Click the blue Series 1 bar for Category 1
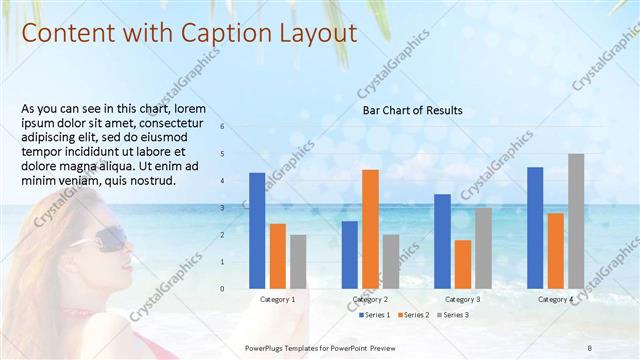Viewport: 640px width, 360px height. coord(257,231)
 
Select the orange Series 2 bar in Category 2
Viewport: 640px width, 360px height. coord(370,229)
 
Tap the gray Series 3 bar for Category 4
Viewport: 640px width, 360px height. coord(576,221)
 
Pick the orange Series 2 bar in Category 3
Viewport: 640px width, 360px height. coord(463,264)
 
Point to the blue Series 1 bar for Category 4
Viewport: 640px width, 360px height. coord(535,228)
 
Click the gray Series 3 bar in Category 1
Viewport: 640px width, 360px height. coord(298,262)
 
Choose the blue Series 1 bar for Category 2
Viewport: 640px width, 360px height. coord(350,255)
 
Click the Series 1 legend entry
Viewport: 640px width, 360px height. coord(375,315)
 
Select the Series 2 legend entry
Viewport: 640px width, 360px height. coord(414,315)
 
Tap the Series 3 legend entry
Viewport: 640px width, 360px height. coord(452,315)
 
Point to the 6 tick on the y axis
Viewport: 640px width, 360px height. coord(236,127)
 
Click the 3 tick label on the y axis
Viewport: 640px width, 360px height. coord(236,208)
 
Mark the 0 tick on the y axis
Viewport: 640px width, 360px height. coord(236,289)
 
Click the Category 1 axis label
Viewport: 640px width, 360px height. coord(277,300)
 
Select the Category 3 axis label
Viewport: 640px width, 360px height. coord(462,300)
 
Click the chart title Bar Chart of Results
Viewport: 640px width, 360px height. coord(412,111)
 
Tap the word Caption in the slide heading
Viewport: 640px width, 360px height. coord(223,33)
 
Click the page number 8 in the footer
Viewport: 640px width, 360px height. coord(589,346)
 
